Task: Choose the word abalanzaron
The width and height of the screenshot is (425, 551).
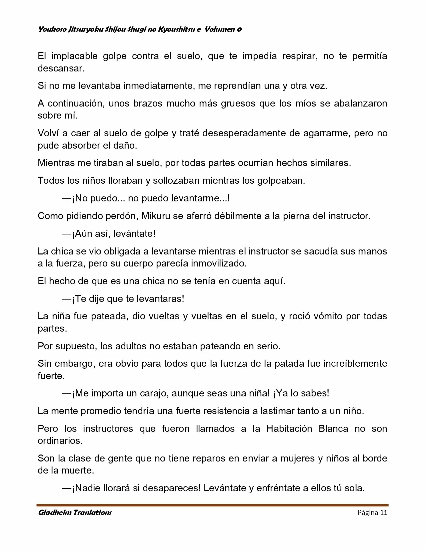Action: [361, 103]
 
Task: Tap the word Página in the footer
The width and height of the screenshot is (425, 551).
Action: [368, 513]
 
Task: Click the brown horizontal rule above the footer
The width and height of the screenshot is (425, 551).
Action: [212, 505]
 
